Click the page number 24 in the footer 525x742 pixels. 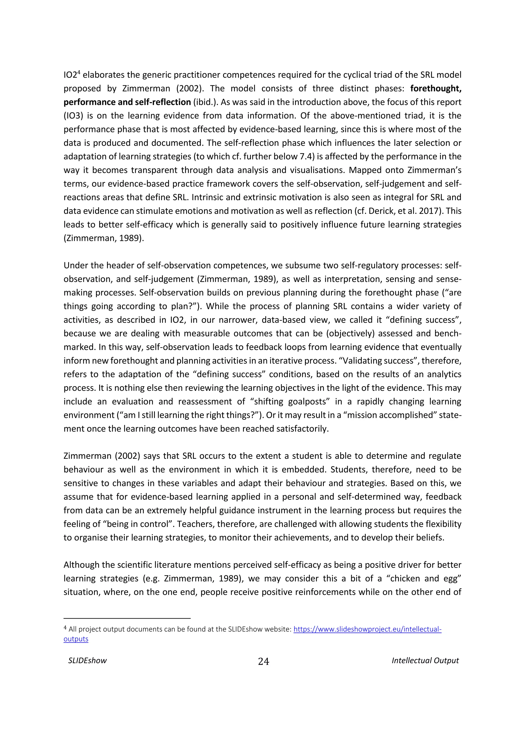point(263,662)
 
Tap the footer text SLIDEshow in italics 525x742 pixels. point(87,661)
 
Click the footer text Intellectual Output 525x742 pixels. point(425,661)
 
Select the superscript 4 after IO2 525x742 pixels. point(79,72)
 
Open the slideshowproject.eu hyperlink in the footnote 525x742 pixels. point(367,629)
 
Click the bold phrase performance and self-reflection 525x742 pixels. point(127,102)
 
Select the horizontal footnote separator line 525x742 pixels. point(127,618)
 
